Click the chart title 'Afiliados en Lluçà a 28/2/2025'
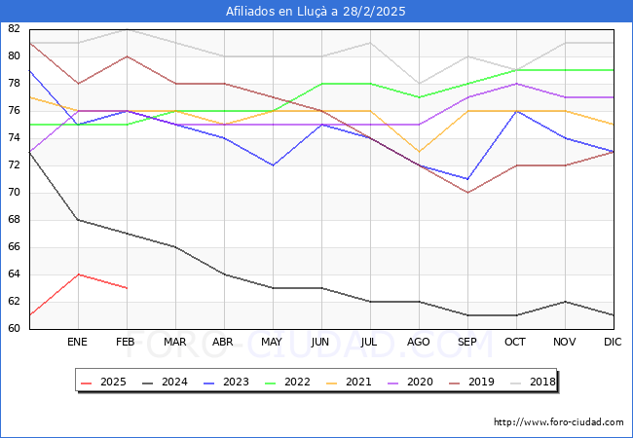coord(316,12)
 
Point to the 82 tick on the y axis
coord(14,29)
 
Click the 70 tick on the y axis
coord(14,193)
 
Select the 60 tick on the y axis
coord(14,329)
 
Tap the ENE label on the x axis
coord(78,343)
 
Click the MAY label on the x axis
coord(273,343)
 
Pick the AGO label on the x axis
coord(419,343)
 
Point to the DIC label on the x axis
coord(613,343)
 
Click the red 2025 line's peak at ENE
coord(78,274)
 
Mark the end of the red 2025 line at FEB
coord(127,288)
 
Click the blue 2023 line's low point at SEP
coord(467,179)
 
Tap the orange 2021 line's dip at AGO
coord(419,152)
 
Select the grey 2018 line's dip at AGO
coord(419,84)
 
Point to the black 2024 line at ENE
coord(78,220)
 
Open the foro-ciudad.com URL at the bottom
coord(558,422)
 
